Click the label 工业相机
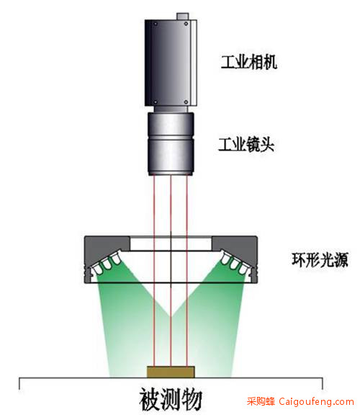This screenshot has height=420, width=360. [248, 62]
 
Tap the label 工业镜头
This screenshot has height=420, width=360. [246, 145]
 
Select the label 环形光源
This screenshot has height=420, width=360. [320, 260]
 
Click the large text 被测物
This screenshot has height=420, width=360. [171, 400]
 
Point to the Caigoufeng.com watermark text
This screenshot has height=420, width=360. [316, 402]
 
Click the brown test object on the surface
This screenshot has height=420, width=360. [171, 372]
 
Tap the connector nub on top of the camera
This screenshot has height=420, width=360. [183, 17]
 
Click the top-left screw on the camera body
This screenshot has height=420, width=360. [156, 24]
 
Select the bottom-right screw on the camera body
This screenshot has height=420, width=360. [186, 102]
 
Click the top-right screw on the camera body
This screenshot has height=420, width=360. [186, 24]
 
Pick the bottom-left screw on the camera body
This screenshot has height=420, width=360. [156, 102]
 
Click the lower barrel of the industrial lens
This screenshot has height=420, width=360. [171, 157]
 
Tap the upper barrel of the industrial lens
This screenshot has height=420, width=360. [171, 125]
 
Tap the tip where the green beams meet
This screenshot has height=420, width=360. [171, 317]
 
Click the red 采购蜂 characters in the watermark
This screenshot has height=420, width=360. [261, 402]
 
